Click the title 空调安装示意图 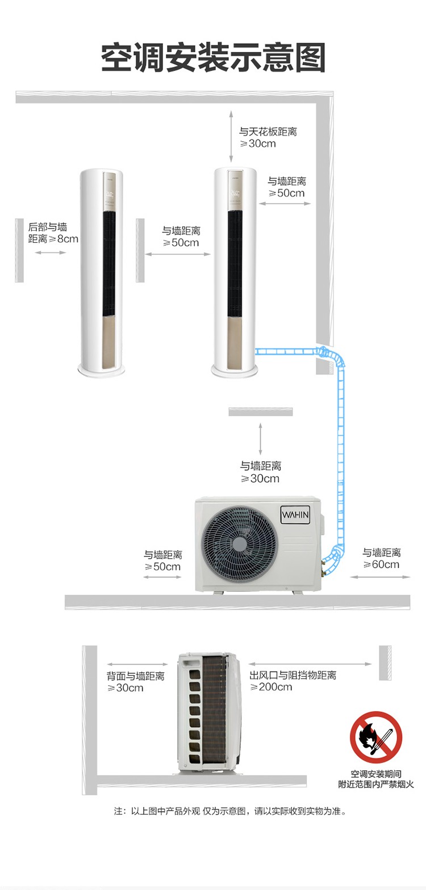tap(213, 58)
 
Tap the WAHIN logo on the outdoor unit tap(295, 515)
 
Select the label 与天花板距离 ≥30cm tap(268, 137)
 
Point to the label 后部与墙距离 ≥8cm tap(53, 233)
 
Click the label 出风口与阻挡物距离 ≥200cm tap(293, 681)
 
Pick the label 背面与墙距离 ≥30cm tap(135, 682)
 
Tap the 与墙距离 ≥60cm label tap(381, 558)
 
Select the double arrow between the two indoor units tap(177, 254)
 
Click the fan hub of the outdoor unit tap(239, 543)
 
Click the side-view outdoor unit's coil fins tap(214, 711)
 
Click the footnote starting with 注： tap(230, 811)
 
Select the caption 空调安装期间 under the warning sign tap(376, 774)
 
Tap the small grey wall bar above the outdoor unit tap(261, 412)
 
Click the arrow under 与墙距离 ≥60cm tap(380, 576)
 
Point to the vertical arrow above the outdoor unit tap(261, 438)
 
